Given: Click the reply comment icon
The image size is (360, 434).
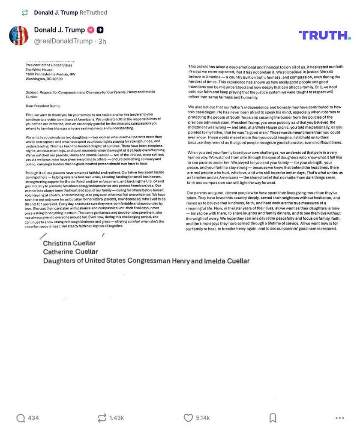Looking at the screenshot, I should coord(21,418).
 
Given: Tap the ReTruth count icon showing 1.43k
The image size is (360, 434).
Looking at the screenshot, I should coord(102,418).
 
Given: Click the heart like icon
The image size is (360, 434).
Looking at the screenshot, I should coord(188,418).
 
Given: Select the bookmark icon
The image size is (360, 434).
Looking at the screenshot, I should coord(273,418).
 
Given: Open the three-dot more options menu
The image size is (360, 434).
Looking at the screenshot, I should coord(339,418).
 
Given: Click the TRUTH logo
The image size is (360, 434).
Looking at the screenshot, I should coord(324,35).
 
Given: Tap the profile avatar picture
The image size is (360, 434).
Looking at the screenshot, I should coord(18,35).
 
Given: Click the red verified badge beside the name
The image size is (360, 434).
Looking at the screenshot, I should coord(91,30).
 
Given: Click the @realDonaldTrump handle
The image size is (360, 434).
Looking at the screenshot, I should coord(63,41).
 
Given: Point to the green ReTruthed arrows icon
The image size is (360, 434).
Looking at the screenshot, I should coord(25,13).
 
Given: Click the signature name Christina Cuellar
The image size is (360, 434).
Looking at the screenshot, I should coord(69,243).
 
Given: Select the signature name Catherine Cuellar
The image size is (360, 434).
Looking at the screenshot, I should coord(70,252).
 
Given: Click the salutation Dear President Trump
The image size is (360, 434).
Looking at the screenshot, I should coord(43,106).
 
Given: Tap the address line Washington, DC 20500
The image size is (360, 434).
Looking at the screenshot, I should coord(44,79).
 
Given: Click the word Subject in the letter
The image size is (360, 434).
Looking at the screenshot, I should coord(32,92).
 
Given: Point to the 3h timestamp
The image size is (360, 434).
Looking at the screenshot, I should coord(102,42).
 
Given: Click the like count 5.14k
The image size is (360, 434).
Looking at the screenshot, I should coord(203,418).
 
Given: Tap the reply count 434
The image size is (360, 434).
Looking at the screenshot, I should coord(33,418).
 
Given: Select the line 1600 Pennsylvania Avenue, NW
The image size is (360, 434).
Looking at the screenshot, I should coord(50,74).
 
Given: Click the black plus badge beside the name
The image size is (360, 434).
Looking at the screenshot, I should coord(100,30).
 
